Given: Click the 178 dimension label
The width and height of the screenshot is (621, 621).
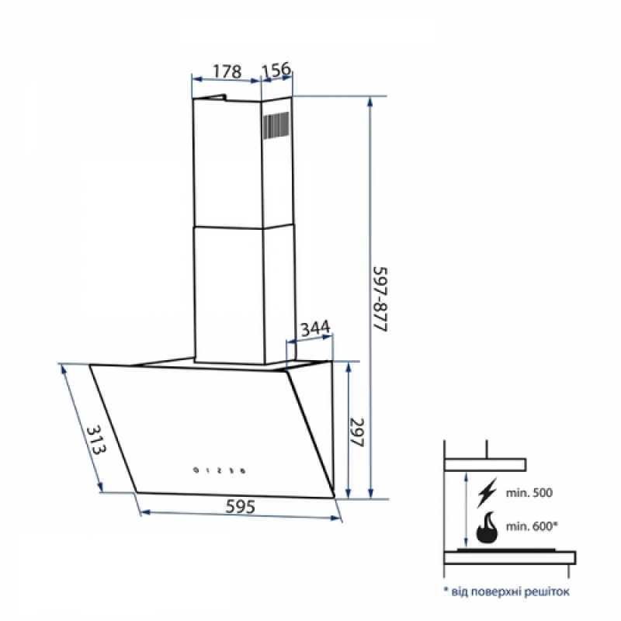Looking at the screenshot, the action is [227, 71].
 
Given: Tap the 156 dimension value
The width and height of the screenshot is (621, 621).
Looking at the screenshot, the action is [276, 70].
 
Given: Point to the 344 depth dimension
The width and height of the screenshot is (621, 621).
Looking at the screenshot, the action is [315, 328].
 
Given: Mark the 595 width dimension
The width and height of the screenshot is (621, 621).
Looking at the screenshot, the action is [241, 506].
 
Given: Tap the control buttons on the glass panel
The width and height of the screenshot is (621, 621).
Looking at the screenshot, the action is [219, 470].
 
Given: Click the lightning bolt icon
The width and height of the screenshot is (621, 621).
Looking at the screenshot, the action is [487, 493].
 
